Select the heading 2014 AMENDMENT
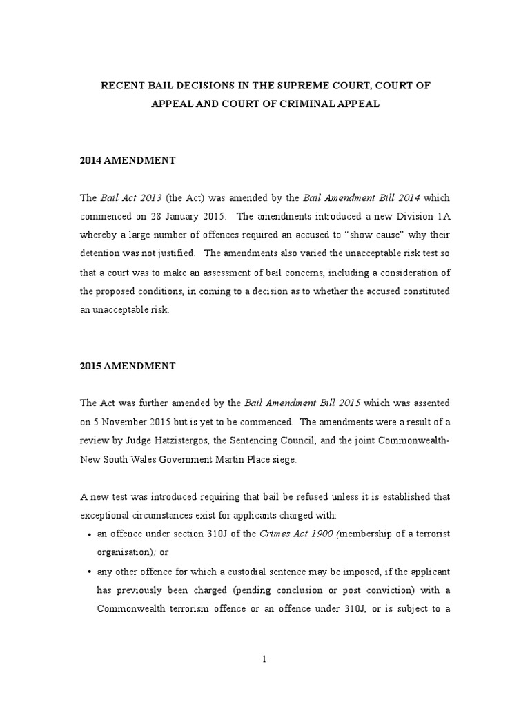tap(128, 160)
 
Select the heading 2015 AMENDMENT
tap(128, 366)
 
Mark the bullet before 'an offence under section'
tap(84, 534)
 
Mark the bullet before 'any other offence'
tap(84, 572)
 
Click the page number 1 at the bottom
tap(264, 659)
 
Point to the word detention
tap(101, 254)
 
